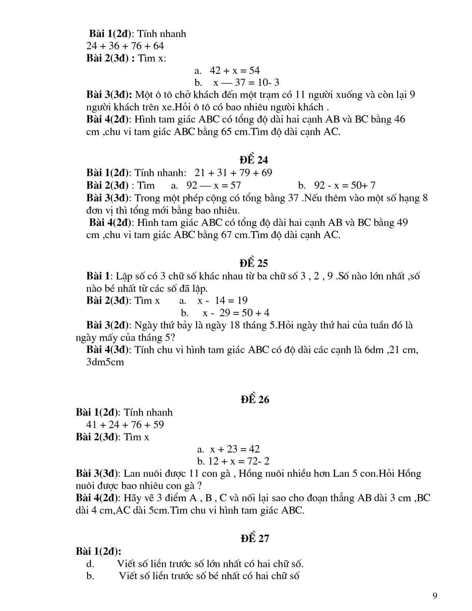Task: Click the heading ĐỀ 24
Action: click(254, 160)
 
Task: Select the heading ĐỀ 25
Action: click(254, 263)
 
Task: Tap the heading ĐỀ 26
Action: click(254, 400)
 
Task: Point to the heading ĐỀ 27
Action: click(254, 538)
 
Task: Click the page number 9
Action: click(435, 595)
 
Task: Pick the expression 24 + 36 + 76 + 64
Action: click(125, 46)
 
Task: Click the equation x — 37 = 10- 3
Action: click(246, 83)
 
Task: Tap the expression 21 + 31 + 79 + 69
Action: click(234, 173)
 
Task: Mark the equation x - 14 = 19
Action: click(222, 300)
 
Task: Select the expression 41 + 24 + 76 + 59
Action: click(125, 425)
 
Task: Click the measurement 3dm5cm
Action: click(105, 362)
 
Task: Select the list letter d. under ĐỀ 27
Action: click(90, 564)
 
